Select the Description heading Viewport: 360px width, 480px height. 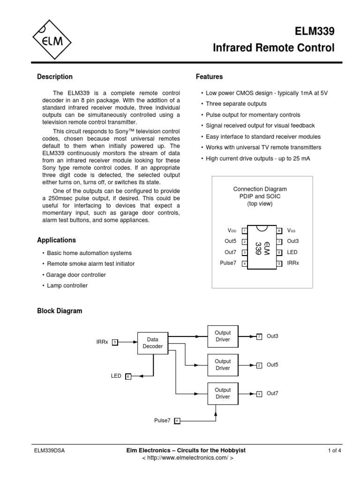pos(55,77)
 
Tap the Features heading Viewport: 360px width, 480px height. pos(209,77)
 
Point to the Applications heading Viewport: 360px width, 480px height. pos(56,240)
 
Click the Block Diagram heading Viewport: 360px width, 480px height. pos(60,311)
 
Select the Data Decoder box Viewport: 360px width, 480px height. pos(153,343)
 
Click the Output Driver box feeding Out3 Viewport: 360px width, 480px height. pos(223,336)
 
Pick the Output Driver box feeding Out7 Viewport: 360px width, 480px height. pos(223,393)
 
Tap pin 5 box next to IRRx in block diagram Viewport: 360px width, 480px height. pos(115,342)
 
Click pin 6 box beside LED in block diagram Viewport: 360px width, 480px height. pos(128,376)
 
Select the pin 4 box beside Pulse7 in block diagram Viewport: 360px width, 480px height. pos(177,421)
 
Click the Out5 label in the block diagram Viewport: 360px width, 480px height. pos(272,365)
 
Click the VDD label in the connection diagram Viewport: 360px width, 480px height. pos(232,231)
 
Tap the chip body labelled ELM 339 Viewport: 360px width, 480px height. pos(262,247)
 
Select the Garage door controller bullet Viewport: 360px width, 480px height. pos(74,275)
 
